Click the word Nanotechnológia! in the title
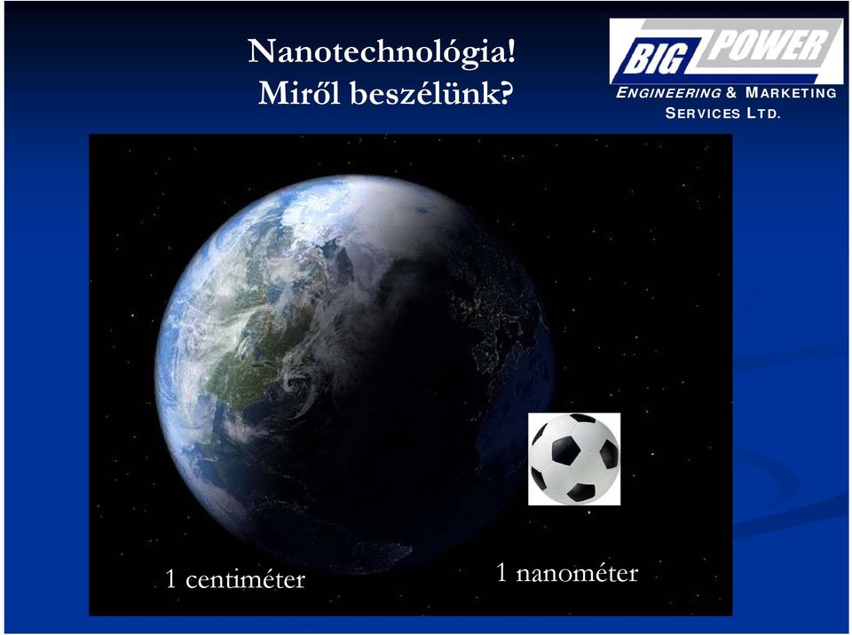click(x=382, y=52)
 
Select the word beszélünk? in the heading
click(x=431, y=93)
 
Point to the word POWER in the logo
click(x=767, y=44)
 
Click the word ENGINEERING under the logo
click(x=668, y=93)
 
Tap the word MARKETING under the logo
click(x=791, y=93)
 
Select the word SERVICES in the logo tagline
click(x=703, y=114)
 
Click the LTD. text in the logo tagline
click(x=763, y=114)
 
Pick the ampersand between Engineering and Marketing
click(x=731, y=93)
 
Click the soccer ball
click(x=574, y=459)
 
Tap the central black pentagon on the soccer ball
click(x=566, y=451)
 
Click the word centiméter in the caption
click(x=245, y=580)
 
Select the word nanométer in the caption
click(x=577, y=573)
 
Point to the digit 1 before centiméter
click(x=170, y=580)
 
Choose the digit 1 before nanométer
click(x=501, y=573)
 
